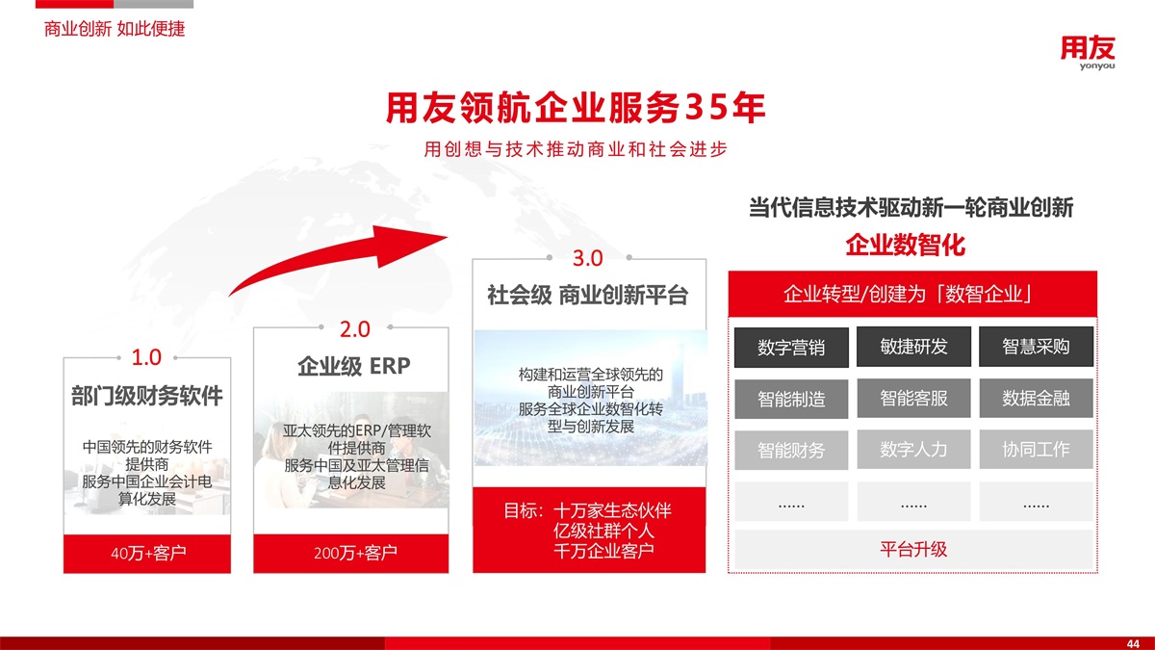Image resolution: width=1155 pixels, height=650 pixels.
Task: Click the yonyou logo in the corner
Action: pyautogui.click(x=1088, y=53)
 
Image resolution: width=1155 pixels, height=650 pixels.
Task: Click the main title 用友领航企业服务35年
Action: pyautogui.click(x=576, y=108)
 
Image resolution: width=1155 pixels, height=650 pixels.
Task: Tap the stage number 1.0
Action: pyautogui.click(x=146, y=357)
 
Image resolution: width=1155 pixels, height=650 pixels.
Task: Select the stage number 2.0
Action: pyautogui.click(x=355, y=329)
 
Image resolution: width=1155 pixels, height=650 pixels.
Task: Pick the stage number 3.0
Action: pyautogui.click(x=588, y=258)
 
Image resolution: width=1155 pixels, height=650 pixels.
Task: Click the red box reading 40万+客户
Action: pyautogui.click(x=147, y=554)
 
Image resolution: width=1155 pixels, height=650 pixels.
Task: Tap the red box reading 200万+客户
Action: pyautogui.click(x=350, y=554)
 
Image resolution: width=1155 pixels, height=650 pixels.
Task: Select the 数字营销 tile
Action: pyautogui.click(x=791, y=348)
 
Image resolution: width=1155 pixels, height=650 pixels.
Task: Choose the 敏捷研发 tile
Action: pyautogui.click(x=913, y=346)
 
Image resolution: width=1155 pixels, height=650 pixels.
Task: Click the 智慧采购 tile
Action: pyautogui.click(x=1036, y=346)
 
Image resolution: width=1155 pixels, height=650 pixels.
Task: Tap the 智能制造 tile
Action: pyautogui.click(x=791, y=399)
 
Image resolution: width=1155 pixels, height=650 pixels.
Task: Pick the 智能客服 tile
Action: pyautogui.click(x=913, y=398)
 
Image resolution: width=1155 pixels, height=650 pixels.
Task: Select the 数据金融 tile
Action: pyautogui.click(x=1036, y=398)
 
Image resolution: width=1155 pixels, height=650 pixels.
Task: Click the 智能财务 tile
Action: pyautogui.click(x=791, y=450)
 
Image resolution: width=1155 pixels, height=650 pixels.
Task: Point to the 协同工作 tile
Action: pyautogui.click(x=1036, y=449)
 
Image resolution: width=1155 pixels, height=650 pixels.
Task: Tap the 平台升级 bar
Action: pyautogui.click(x=913, y=550)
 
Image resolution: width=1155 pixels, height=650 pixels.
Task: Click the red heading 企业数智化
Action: pyautogui.click(x=906, y=245)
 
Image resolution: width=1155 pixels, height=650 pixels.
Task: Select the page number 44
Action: pyautogui.click(x=1133, y=643)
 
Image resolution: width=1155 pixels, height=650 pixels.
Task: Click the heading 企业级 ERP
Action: pyautogui.click(x=354, y=366)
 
